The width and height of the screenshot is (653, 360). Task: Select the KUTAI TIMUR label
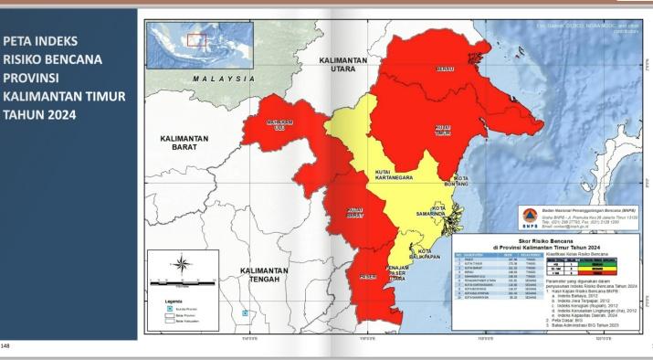click(444, 129)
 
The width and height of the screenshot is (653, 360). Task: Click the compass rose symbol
click(182, 266)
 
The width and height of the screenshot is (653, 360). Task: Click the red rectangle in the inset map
click(195, 39)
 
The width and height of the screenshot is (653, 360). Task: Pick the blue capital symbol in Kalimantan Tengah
click(245, 312)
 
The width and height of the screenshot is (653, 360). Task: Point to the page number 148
click(6, 346)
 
